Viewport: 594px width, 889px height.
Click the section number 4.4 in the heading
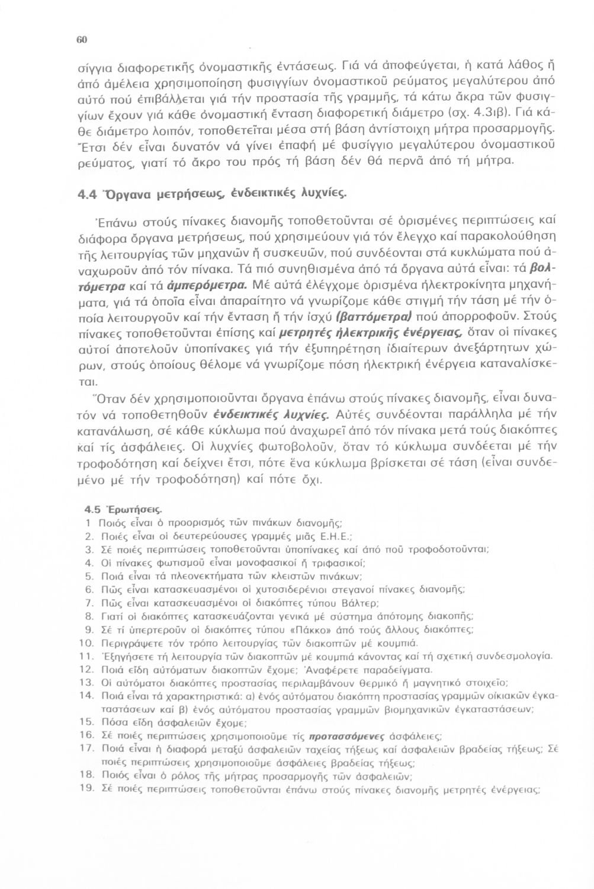(x=88, y=193)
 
